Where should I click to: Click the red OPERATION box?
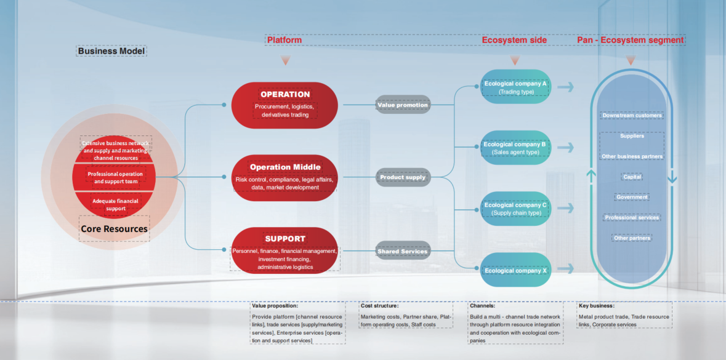[x=284, y=105]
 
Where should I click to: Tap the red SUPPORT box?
[x=284, y=250]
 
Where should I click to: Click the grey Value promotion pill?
[x=403, y=105]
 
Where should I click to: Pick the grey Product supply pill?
[x=403, y=177]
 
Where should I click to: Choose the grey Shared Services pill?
[x=403, y=251]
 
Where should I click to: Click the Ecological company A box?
[x=515, y=87]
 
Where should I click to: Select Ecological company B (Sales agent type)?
[x=515, y=148]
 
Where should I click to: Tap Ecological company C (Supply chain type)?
[x=515, y=209]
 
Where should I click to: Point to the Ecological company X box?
[x=515, y=270]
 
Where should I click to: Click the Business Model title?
[x=111, y=51]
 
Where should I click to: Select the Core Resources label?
[x=114, y=229]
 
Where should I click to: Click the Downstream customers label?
[x=632, y=116]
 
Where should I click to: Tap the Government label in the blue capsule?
[x=632, y=198]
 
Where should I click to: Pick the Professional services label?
[x=632, y=218]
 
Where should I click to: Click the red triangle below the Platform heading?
[x=284, y=60]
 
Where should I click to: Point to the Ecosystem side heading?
[x=514, y=40]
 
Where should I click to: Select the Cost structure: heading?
[x=380, y=305]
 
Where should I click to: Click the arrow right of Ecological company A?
[x=566, y=87]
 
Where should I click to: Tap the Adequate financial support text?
[x=115, y=205]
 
